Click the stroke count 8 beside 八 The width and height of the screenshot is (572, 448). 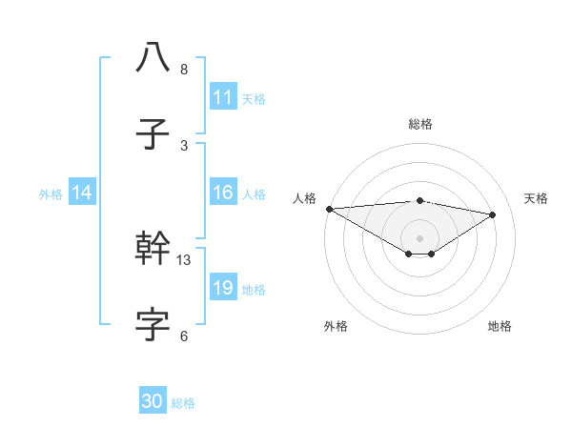point(184,70)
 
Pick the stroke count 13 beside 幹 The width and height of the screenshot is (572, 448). point(184,259)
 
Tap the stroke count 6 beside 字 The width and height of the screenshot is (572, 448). point(184,336)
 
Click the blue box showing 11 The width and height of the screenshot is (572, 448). point(222,96)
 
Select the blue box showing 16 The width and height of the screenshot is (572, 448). point(222,193)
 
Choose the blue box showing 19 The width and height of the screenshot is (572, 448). point(222,288)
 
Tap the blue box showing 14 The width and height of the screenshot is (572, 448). point(82,193)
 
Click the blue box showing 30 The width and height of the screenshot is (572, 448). point(153,401)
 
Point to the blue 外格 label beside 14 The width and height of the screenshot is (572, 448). point(51,193)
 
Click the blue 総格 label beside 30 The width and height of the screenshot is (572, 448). point(183,403)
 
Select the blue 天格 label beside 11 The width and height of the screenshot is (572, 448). point(254,98)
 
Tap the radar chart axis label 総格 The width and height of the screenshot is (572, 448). point(420,124)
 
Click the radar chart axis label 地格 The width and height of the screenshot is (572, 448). point(500,326)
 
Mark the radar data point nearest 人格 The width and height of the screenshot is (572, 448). point(329,209)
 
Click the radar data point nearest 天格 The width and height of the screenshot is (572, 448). point(493,214)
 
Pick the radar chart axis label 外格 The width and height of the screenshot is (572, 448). point(336,326)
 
